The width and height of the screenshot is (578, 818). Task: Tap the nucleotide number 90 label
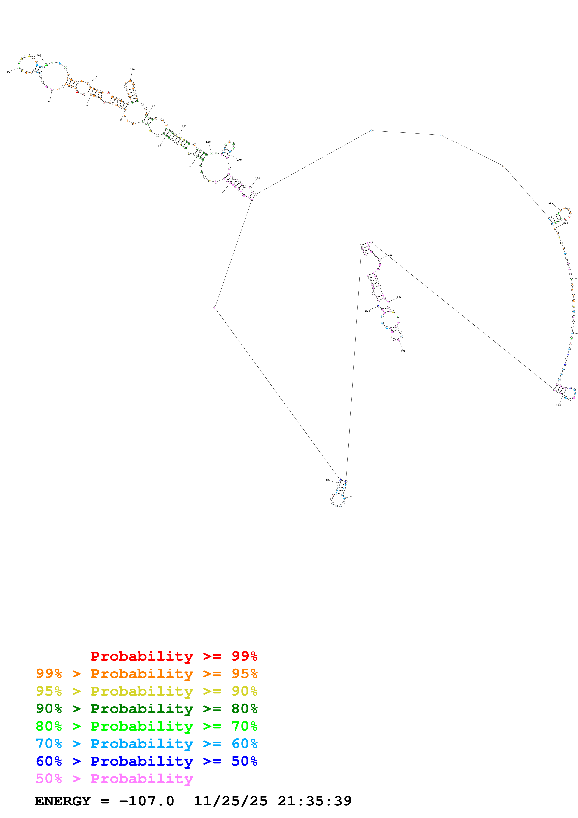point(9,72)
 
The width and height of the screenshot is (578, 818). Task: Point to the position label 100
point(39,55)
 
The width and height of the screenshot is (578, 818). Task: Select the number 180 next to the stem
point(257,178)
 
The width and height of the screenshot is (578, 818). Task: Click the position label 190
point(550,203)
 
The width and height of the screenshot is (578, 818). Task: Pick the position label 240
point(558,405)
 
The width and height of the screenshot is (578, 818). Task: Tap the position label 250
point(390,255)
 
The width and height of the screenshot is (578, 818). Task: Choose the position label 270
point(403,351)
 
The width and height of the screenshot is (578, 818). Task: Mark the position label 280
point(367,311)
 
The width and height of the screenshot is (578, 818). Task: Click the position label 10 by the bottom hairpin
point(355,495)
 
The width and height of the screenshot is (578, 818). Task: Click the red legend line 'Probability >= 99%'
point(174,656)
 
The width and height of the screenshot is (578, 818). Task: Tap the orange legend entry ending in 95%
point(146,674)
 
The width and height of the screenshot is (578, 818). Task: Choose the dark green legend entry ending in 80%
point(146,709)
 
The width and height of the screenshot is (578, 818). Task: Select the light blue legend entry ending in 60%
point(146,744)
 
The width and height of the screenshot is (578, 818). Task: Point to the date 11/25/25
point(230,801)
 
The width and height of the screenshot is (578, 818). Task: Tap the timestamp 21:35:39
point(315,801)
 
